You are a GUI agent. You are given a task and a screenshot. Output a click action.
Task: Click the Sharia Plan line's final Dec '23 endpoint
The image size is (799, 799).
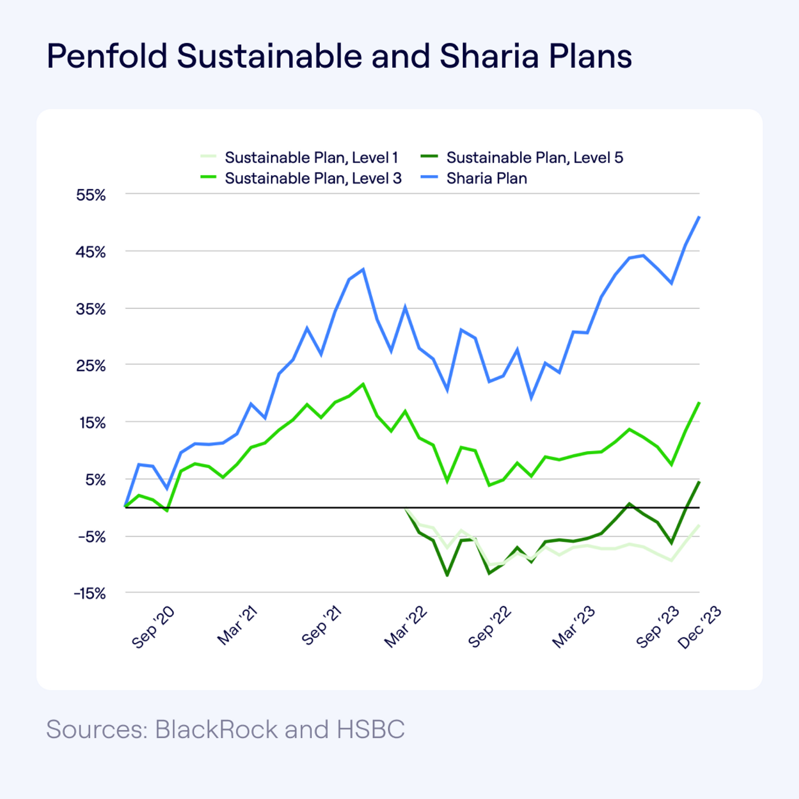click(x=699, y=217)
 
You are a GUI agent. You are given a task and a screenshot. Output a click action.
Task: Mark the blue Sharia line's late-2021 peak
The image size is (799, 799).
click(x=363, y=270)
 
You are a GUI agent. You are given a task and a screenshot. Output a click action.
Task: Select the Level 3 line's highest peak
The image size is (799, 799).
click(x=363, y=384)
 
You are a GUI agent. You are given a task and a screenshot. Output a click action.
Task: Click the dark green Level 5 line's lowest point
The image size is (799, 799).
click(x=447, y=575)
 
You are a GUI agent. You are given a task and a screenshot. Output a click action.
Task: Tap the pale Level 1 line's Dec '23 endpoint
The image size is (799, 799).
click(x=699, y=525)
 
